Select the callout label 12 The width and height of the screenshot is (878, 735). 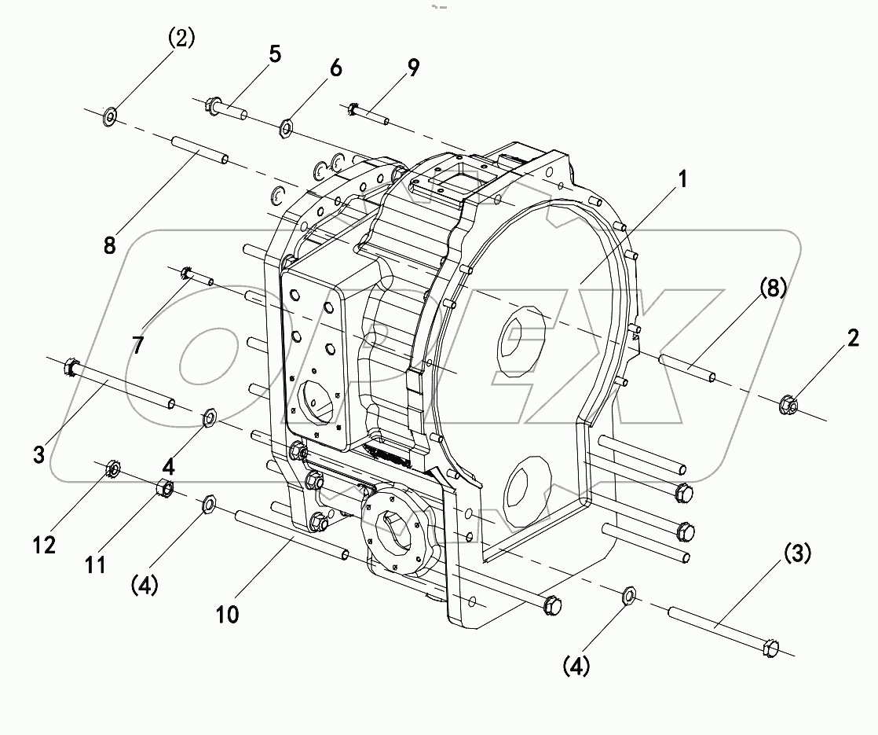pos(45,544)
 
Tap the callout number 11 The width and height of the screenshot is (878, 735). pos(96,564)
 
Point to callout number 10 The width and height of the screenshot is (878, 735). pos(227,615)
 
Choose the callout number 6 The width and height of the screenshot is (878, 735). pos(335,68)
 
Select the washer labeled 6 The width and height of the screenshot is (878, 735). pos(287,127)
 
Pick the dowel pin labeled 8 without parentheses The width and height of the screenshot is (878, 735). pos(198,149)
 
